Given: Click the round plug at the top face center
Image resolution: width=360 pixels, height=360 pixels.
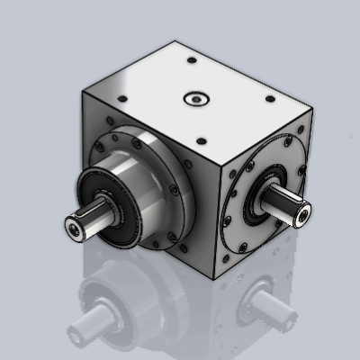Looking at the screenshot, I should [193, 97].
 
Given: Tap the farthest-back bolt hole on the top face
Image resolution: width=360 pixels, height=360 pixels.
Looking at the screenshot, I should [192, 60].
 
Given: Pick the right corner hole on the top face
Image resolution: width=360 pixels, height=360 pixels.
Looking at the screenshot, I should [270, 100].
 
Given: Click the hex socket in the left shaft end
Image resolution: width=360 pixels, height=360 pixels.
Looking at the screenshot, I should [71, 230].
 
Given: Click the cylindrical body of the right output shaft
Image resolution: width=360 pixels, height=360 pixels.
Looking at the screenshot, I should [286, 209].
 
